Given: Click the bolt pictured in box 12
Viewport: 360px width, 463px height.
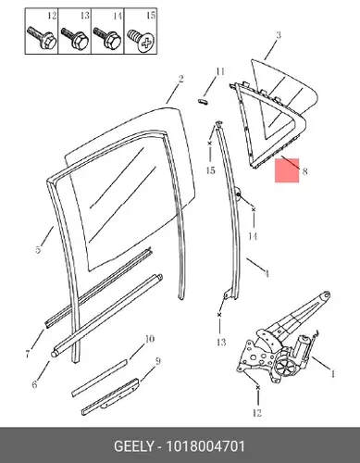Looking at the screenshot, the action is pyautogui.click(x=42, y=39).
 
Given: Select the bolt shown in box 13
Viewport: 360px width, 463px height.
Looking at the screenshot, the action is pyautogui.click(x=75, y=39).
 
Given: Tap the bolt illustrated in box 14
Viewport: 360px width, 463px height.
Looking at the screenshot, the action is pyautogui.click(x=107, y=39).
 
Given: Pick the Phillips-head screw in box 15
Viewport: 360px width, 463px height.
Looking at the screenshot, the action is pyautogui.click(x=142, y=40).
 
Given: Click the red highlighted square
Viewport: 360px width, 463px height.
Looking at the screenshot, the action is pyautogui.click(x=287, y=170).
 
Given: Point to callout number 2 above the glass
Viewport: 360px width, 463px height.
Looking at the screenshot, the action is pyautogui.click(x=180, y=79).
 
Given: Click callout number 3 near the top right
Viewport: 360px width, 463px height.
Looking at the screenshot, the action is pyautogui.click(x=279, y=34).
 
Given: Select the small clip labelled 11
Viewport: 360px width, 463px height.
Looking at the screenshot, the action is pyautogui.click(x=203, y=101).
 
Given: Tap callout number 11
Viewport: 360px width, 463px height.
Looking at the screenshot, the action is pyautogui.click(x=220, y=71).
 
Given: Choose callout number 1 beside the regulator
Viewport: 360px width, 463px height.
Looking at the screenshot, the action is pyautogui.click(x=332, y=374).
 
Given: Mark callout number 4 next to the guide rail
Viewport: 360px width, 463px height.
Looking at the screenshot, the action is pyautogui.click(x=267, y=273).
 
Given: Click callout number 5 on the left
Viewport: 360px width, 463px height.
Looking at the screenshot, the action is pyautogui.click(x=38, y=249).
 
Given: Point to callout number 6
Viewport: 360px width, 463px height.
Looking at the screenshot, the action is pyautogui.click(x=34, y=384).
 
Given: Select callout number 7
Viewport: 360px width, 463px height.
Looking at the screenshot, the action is pyautogui.click(x=28, y=354).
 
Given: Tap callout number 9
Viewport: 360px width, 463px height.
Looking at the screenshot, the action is pyautogui.click(x=158, y=361).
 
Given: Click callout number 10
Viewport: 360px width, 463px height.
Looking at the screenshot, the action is pyautogui.click(x=149, y=339).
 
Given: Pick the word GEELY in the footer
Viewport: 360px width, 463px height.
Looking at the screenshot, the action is pyautogui.click(x=133, y=446).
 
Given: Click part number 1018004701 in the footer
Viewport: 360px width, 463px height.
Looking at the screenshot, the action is pyautogui.click(x=205, y=446).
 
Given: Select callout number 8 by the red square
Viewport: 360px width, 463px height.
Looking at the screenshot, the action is pyautogui.click(x=304, y=170).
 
